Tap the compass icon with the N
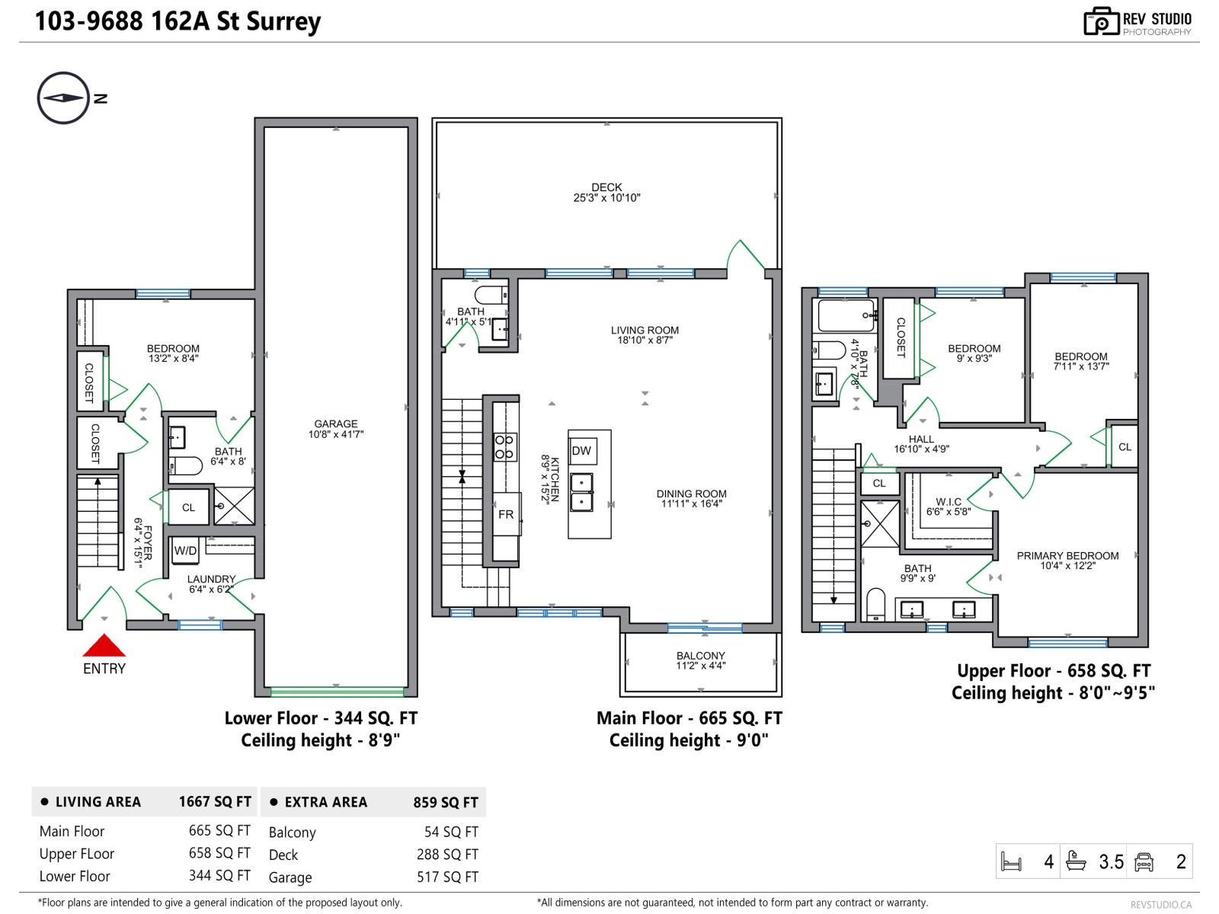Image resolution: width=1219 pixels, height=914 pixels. point(63,98)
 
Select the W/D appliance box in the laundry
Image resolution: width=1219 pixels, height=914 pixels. point(185,551)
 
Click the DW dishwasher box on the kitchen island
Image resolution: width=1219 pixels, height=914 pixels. point(581,451)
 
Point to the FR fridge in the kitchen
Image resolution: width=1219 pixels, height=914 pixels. point(506,515)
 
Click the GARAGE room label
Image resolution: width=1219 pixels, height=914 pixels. point(335,424)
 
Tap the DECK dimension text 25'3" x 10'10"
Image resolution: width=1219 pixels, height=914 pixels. point(606,198)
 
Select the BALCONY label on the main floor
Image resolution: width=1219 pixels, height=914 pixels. point(700,656)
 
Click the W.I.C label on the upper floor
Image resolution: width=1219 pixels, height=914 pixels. point(949,502)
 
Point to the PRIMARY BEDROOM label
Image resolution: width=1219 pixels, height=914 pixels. point(1067,556)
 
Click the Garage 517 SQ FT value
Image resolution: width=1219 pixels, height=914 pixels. point(447,877)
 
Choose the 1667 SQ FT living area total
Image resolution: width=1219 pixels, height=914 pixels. point(215,802)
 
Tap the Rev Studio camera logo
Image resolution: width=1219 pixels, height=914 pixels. point(1101,22)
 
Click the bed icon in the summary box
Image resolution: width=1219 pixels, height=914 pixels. point(1011,862)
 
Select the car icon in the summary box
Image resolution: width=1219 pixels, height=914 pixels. point(1144,862)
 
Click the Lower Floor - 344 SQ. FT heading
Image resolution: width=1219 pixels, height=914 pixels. point(321,718)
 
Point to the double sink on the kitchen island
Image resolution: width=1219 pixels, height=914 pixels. point(581,492)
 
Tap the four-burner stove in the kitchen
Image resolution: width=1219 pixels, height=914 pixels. point(504,446)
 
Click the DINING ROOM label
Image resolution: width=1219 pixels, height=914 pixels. point(691,494)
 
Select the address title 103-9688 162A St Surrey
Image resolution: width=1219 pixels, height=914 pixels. point(178,21)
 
